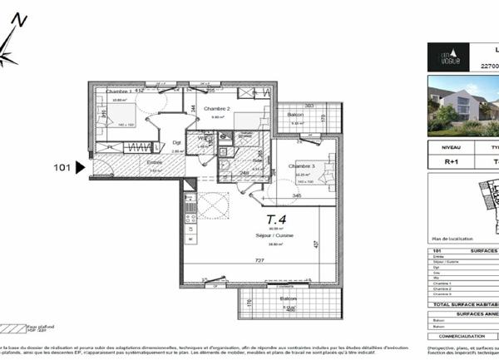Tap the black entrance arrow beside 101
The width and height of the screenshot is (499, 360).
[80, 167]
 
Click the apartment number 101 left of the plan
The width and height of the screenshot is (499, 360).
[61, 167]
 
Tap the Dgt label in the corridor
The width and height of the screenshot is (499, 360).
[176, 142]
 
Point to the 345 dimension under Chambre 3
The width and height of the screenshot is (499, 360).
[297, 195]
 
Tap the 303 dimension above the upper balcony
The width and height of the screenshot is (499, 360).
[309, 106]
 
